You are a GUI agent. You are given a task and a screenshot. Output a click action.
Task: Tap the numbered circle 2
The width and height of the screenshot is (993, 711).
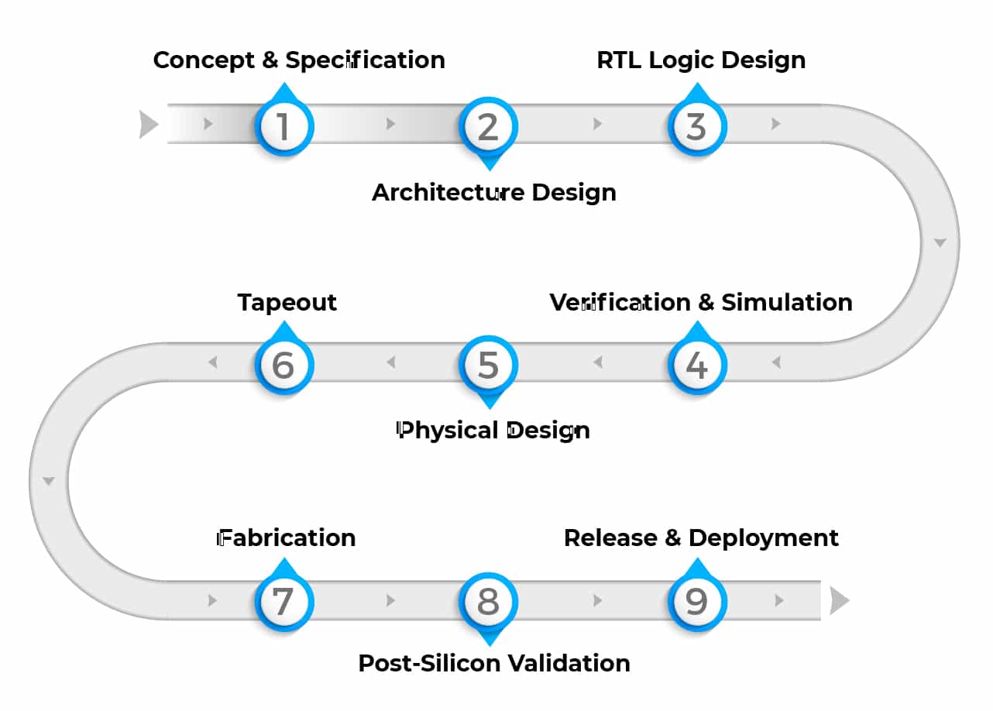[488, 126]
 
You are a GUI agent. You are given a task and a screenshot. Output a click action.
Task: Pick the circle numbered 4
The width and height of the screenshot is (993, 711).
[697, 365]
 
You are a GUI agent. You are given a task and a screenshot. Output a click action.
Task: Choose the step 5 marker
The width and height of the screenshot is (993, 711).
[488, 365]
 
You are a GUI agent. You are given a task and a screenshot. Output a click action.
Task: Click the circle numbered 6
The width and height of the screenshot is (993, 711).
[283, 365]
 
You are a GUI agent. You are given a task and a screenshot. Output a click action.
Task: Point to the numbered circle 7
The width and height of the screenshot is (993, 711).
[283, 602]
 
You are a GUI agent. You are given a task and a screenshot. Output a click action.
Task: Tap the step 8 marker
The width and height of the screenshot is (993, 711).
[488, 602]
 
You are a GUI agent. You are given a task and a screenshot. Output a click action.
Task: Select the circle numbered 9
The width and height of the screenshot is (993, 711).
[697, 602]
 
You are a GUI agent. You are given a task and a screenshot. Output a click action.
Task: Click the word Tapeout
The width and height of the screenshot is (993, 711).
[287, 302]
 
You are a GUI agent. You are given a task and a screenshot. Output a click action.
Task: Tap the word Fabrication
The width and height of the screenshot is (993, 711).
[287, 538]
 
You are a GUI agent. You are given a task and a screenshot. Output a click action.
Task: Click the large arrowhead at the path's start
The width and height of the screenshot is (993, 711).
[148, 124]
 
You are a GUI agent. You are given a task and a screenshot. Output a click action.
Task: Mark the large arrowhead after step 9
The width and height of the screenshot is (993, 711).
[839, 600]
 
